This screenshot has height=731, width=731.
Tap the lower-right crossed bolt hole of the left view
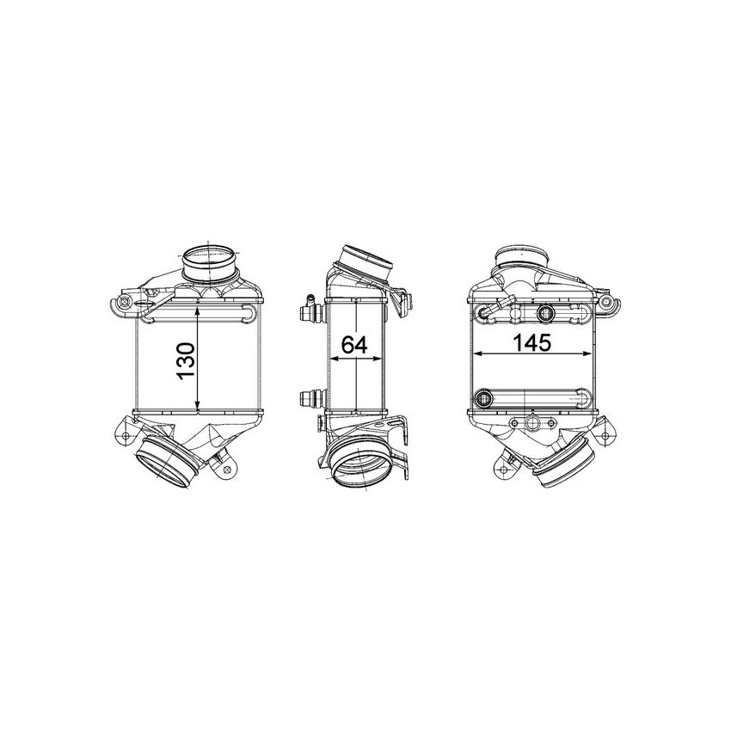pyautogui.click(x=227, y=470)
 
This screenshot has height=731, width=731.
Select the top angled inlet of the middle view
pyautogui.click(x=367, y=261)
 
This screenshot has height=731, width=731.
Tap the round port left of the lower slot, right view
pyautogui.click(x=483, y=399)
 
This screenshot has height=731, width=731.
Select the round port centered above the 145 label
pyautogui.click(x=544, y=312)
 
